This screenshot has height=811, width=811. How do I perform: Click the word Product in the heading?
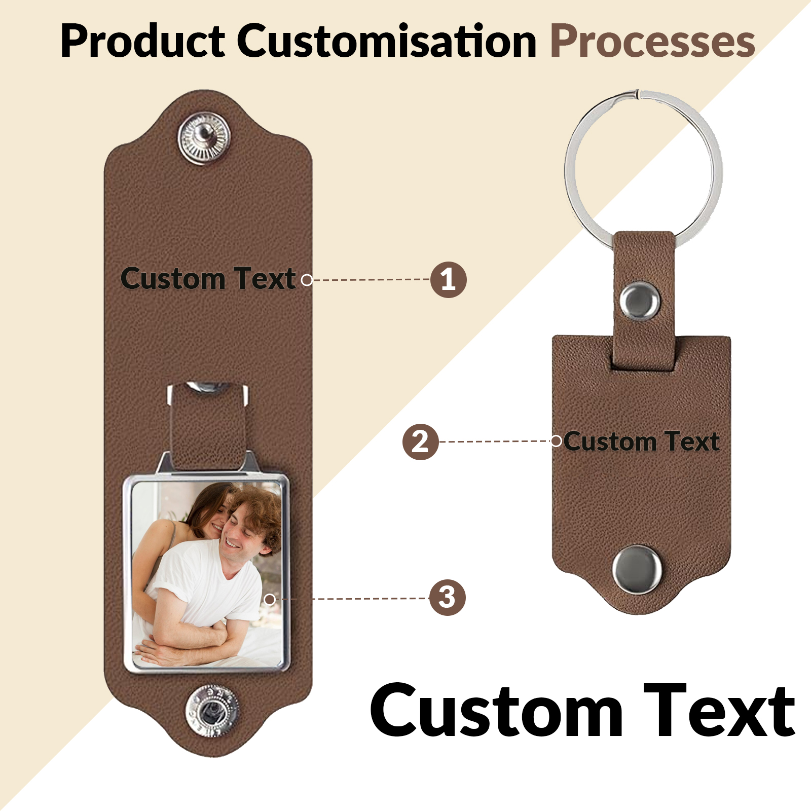pos(143,41)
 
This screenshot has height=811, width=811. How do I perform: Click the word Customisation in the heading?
pos(387,41)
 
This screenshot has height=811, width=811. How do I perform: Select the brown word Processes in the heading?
pos(653,41)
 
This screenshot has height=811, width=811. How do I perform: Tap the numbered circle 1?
pos(448,279)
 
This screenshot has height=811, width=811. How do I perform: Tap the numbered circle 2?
pos(420,441)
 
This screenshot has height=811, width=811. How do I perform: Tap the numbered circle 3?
pos(447,598)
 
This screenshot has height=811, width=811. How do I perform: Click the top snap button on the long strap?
pos(204,138)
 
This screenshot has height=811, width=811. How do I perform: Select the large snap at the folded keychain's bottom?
pos(637,569)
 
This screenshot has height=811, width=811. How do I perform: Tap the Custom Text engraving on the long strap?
pos(208,279)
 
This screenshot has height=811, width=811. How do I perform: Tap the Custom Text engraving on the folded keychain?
pos(642,441)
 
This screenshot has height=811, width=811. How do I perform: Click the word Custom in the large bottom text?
pos(497,710)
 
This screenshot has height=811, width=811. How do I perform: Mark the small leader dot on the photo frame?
pos(270,600)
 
